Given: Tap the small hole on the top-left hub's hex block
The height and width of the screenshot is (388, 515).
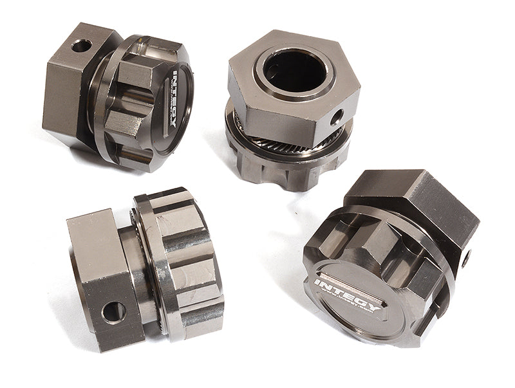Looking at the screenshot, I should pos(81,46).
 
